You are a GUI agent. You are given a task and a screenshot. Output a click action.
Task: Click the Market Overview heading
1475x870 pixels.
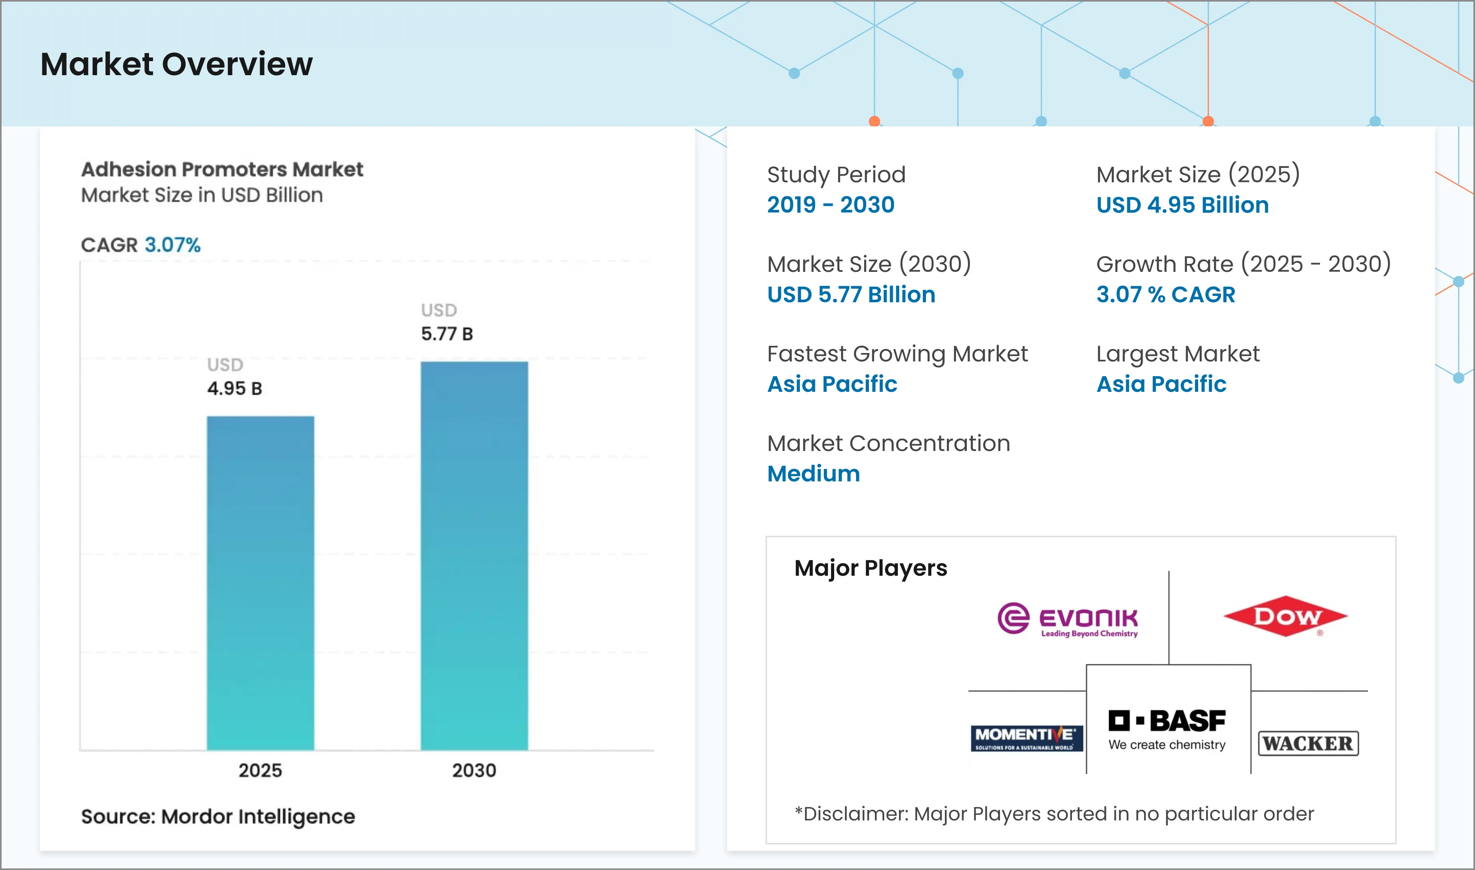click(176, 64)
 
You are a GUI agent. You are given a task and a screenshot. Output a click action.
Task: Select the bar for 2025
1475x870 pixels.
click(260, 583)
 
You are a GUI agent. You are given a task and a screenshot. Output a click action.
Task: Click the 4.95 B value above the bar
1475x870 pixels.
click(234, 388)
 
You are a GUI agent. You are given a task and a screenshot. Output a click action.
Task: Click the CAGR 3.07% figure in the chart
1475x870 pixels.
click(172, 244)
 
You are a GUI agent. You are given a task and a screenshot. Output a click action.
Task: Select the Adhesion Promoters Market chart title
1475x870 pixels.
click(222, 170)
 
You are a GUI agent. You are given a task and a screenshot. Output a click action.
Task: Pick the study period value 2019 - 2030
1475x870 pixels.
click(831, 205)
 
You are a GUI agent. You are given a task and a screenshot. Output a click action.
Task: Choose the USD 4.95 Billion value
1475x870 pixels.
click(1182, 205)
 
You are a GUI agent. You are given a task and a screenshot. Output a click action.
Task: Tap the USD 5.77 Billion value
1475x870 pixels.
click(851, 294)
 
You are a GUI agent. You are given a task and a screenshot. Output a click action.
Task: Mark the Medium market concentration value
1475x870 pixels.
click(813, 474)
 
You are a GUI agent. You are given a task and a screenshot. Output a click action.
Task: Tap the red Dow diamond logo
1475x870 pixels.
click(1285, 616)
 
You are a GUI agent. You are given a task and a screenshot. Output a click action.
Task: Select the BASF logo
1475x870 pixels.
click(1167, 729)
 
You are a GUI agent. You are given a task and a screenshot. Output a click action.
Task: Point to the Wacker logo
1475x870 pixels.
click(1308, 743)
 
